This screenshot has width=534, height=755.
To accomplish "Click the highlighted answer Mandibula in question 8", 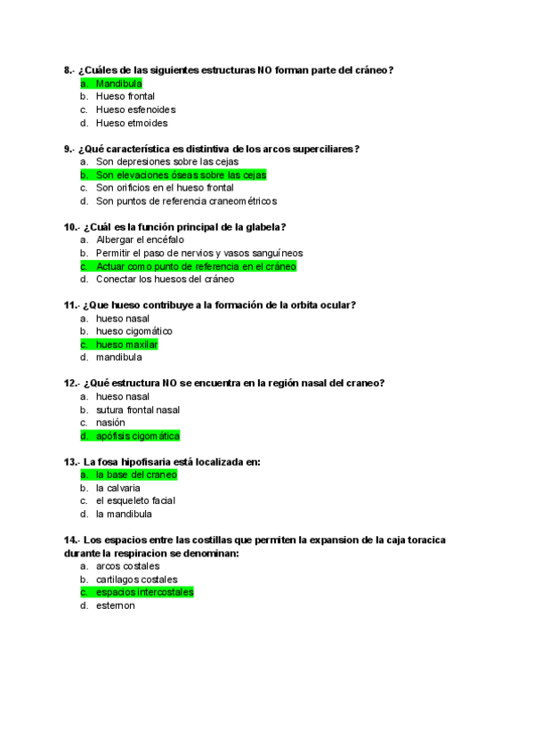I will pos(118,83).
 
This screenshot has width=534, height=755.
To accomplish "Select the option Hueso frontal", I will pos(125,96).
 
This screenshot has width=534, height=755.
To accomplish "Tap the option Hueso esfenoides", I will pos(135,110).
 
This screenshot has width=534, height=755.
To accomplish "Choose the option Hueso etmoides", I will pos(132,123).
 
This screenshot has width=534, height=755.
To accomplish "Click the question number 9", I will pos(68,149).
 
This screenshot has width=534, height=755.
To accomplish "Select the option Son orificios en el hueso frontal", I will pos(165,188).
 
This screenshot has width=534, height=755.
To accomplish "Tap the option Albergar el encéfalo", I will pos(140,239).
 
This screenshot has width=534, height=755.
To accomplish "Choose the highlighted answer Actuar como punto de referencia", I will pos(196,266).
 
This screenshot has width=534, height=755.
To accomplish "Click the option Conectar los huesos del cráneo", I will pos(165,279).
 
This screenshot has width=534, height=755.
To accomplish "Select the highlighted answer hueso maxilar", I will pos(126,345).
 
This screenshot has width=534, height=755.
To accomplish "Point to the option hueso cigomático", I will pos(134,331).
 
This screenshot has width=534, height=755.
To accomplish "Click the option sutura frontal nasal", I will pos(138,410).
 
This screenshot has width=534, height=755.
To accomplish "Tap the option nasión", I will pos(110,423).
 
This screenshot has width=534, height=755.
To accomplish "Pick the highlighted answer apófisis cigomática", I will pos(137,436).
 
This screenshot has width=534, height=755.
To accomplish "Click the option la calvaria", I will pos(117,488).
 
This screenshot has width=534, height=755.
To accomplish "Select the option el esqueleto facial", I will pos(135,500).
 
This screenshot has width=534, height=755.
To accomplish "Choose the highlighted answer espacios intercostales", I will pos(144,592).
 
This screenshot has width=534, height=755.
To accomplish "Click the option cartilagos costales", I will pos(136,580).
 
